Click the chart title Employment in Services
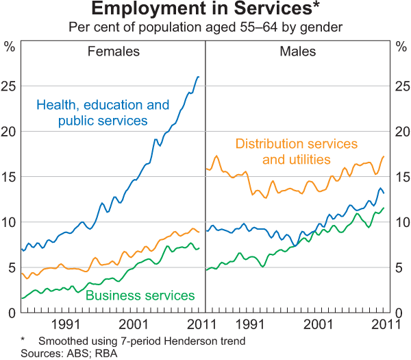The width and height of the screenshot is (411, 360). (x=205, y=10)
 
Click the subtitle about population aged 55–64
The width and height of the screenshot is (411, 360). (x=205, y=27)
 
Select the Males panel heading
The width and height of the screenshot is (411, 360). (x=297, y=51)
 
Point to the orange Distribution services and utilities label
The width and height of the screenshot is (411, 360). (x=296, y=152)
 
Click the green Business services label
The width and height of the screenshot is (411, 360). (x=140, y=296)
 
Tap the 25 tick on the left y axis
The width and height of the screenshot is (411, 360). (x=10, y=86)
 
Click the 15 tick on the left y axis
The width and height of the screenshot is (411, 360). (x=10, y=177)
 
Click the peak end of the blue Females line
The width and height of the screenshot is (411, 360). (x=199, y=77)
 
